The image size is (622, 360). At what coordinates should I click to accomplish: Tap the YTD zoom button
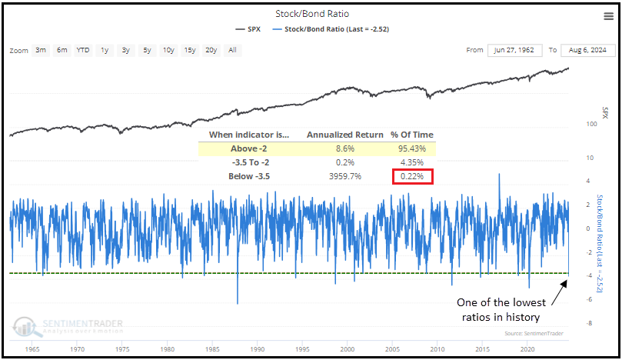coord(82,50)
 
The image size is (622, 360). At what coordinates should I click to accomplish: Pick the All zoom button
coord(232,50)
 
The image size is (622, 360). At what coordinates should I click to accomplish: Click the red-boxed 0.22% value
coord(412,177)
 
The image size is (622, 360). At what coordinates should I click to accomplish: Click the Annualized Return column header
coord(344,135)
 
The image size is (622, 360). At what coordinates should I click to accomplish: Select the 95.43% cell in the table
coord(412,148)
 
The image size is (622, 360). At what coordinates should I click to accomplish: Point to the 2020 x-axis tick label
coord(527,348)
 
